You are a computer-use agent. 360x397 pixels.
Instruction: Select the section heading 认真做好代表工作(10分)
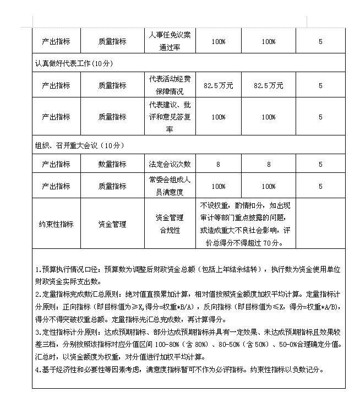point(73,63)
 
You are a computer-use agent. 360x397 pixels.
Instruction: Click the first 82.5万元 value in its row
point(218,85)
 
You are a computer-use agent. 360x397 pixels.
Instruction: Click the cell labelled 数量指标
point(112,164)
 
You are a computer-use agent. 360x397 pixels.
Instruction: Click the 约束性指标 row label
point(56,224)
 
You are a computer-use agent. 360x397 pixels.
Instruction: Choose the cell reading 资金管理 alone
point(112,224)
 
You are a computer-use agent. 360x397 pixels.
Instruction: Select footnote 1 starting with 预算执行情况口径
point(188,275)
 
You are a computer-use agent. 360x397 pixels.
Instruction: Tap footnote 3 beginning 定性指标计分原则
point(188,339)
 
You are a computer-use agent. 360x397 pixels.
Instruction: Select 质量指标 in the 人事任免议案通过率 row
point(112,41)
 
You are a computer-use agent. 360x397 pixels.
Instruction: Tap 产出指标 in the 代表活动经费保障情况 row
point(56,85)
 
